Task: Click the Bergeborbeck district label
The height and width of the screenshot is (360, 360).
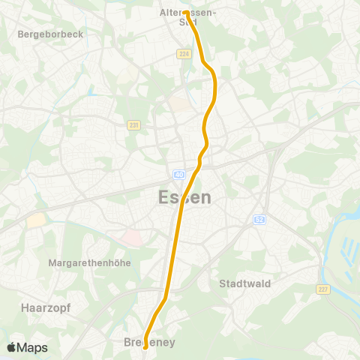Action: [50, 34]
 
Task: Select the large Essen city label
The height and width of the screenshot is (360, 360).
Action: [184, 197]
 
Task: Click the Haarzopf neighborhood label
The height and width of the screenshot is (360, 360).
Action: [39, 307]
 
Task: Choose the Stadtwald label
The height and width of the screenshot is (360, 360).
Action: [244, 283]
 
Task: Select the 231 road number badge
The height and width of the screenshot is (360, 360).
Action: [133, 125]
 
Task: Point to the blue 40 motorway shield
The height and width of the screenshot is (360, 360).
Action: [178, 175]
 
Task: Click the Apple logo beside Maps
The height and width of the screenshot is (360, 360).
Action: [11, 347]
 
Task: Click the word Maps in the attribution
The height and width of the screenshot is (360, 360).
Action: [32, 347]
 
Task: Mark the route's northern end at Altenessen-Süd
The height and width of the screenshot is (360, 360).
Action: [184, 13]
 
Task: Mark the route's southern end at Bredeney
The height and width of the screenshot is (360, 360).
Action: [145, 346]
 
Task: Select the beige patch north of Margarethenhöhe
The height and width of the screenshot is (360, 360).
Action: [34, 220]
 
